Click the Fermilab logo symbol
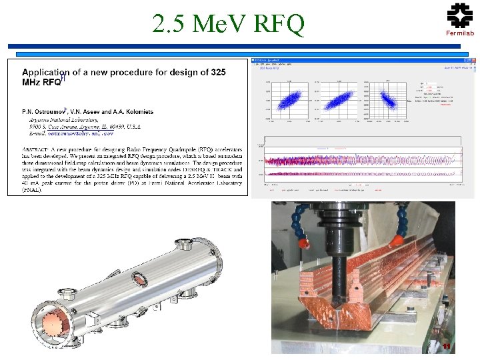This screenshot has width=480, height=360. (x=459, y=15)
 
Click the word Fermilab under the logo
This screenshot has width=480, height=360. (x=460, y=33)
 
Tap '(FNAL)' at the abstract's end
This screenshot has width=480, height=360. (x=31, y=190)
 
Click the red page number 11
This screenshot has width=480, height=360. (x=447, y=345)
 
